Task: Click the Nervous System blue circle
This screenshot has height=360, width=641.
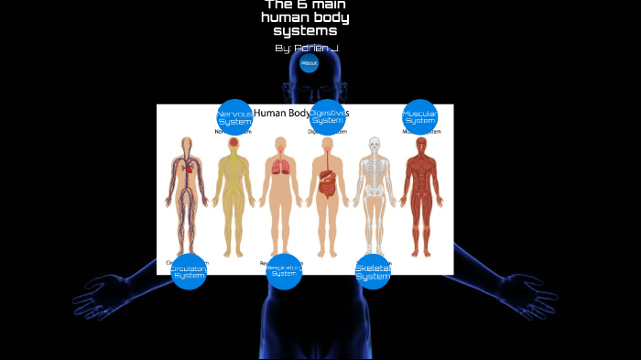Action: [234, 117]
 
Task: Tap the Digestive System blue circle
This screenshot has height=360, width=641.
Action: [327, 117]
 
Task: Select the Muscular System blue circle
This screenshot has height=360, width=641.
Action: [419, 117]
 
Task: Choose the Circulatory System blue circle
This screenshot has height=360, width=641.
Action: [189, 271]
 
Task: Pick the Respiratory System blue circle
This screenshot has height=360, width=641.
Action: [284, 271]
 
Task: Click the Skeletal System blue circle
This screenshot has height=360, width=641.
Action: [373, 271]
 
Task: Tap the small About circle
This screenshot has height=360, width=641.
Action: [309, 63]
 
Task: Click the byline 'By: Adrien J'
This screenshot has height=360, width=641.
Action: [307, 47]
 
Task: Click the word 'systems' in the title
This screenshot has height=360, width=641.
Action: [305, 30]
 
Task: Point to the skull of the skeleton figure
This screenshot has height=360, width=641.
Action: [373, 144]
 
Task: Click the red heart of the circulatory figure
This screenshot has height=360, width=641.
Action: [189, 168]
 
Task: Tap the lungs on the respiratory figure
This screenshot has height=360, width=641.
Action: [281, 166]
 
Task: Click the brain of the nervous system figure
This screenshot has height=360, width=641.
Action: [234, 143]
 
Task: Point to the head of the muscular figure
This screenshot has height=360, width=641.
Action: [420, 144]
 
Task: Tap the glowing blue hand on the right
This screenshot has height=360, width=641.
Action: [529, 293]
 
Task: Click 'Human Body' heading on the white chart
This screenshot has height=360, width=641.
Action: [281, 114]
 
